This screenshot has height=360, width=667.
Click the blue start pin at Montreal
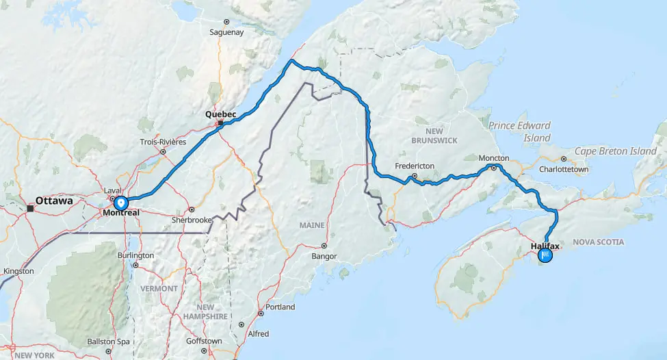(120, 203)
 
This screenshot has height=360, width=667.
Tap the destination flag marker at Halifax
(545, 256)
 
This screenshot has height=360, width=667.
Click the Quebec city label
(221, 114)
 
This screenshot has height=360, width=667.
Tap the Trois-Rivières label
(164, 142)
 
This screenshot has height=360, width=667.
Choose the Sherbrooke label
(187, 220)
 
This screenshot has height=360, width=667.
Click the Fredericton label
(415, 166)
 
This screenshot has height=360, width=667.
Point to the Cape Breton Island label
(615, 151)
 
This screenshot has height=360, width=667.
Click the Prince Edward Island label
(519, 131)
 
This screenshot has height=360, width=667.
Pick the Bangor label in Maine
(324, 256)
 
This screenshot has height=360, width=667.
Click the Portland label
(280, 307)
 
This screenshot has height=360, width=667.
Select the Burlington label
(135, 255)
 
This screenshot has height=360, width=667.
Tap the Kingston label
(18, 271)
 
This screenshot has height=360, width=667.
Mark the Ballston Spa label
(108, 341)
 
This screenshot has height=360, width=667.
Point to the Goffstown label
(204, 341)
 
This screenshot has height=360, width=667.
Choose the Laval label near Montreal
(112, 190)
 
